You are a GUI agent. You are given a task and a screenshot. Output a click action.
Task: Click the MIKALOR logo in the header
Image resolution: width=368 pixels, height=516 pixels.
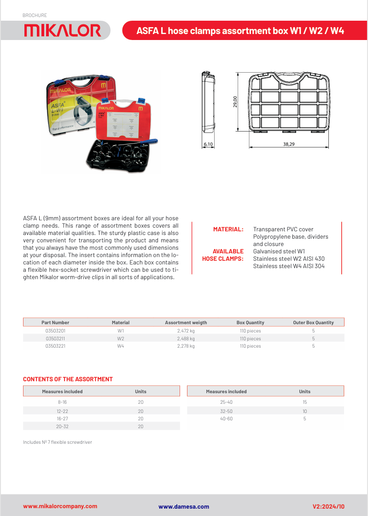pos(63,30)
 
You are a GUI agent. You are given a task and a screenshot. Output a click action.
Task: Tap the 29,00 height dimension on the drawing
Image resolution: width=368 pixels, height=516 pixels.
pos(235,102)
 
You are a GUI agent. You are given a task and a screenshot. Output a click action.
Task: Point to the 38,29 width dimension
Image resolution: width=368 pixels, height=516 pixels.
pos(289,144)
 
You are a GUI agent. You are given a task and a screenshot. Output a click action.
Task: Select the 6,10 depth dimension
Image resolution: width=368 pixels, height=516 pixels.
pos(208,144)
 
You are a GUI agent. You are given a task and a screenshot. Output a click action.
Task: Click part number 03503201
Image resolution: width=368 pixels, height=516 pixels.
pos(55,331)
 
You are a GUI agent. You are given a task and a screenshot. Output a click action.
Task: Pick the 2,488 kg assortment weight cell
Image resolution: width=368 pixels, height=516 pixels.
pos(186,338)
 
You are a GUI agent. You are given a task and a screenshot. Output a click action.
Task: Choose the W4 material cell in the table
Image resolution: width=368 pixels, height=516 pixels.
pos(121,346)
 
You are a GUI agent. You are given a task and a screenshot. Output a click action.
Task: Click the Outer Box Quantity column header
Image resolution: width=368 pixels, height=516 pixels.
pos(313,322)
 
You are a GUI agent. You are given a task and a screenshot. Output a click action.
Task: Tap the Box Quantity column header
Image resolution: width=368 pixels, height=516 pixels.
pos(250,322)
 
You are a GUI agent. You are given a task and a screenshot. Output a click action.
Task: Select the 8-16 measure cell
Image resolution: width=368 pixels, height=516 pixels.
pos(62,402)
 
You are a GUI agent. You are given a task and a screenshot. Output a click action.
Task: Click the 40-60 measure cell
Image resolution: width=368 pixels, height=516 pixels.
pos(226,419)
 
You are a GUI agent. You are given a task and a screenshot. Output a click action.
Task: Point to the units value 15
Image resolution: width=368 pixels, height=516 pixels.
pos(304,402)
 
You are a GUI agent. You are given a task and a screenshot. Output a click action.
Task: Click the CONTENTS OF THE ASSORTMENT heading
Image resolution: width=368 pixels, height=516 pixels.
pos(68,379)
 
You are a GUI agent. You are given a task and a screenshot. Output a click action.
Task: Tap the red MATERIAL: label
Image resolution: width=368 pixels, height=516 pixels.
pos(228,229)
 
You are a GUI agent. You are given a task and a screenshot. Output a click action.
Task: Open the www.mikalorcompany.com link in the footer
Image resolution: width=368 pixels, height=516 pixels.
pos(60,506)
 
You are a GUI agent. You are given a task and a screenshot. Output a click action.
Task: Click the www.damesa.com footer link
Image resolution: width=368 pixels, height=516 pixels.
pos(184,506)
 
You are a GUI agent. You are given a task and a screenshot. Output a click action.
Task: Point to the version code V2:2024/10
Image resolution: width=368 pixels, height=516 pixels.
pos(328,506)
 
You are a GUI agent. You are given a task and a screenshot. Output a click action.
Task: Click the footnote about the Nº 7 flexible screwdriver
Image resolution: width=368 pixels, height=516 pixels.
pos(58,442)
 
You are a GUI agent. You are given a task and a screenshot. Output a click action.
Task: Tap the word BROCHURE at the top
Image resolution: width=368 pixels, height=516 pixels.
pos(35,16)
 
